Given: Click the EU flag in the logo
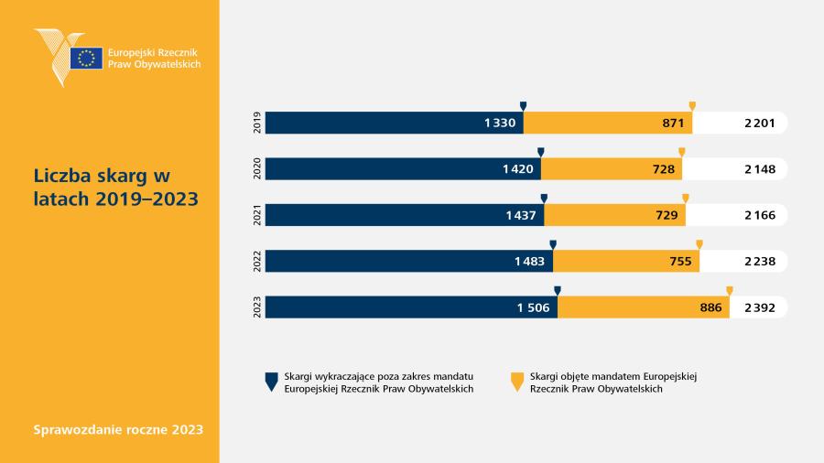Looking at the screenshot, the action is pos(86,59).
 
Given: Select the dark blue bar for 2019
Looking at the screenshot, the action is pos(394,123).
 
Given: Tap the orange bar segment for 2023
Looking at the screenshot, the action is pos(644,307).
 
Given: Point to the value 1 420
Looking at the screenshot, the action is pos(517,169).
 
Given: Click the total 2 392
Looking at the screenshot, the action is pos(759,307).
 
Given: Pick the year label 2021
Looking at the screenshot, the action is pos(257,215).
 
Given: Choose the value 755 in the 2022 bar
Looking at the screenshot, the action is pos(680,262).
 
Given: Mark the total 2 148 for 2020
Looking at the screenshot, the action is pos(759,169).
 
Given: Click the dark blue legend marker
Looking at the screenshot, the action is pos(271,382).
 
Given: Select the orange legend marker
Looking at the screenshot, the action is pos(517,382).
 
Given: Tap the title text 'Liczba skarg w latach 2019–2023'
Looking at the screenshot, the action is pos(116,188).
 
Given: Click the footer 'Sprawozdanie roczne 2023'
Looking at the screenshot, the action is pos(118,429).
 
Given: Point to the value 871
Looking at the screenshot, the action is pos(673,124).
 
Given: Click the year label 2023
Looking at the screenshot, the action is pos(257,307).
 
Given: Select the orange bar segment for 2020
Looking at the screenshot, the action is pos(612,169).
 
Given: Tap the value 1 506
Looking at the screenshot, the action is pos(533,307).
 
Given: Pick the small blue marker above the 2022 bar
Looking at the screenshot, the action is pos(553,244).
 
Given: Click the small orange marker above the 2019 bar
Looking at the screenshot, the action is pos(692,106).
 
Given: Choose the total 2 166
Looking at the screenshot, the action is pos(759,215).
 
